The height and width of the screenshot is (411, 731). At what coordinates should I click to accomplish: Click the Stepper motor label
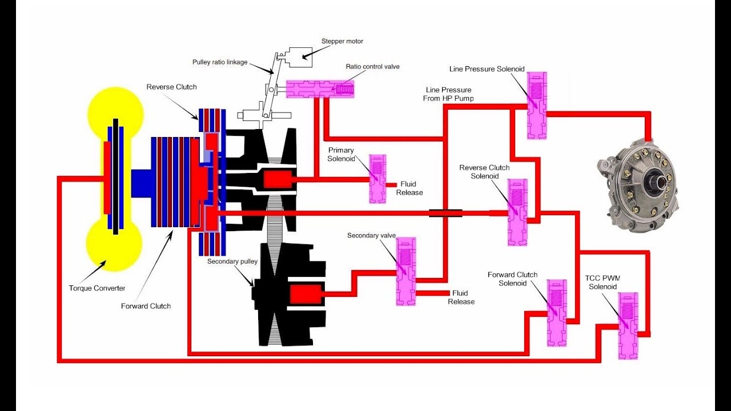coord(342,41)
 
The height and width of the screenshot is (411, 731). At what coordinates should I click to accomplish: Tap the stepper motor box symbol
coord(303,56)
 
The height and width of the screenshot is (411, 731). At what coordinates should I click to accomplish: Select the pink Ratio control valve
coord(320,88)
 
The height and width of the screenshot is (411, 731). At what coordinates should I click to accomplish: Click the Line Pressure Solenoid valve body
coord(536,106)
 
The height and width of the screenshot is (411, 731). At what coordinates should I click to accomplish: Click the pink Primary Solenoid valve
coord(377,179)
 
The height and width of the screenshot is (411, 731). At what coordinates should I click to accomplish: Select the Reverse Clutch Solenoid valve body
coord(517,212)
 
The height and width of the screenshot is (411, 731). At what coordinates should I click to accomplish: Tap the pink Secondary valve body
coord(406,271)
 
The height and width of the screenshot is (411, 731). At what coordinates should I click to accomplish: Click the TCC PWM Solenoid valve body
coord(628,325)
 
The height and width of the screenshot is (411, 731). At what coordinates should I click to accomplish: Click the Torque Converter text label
coord(97,288)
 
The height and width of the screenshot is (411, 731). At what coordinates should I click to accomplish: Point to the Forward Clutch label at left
coord(146,306)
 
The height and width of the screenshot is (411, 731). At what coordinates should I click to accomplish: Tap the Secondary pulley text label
coord(232,261)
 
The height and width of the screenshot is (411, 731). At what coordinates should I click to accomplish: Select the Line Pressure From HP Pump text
coord(449,94)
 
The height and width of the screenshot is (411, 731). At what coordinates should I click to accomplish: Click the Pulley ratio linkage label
coord(220,62)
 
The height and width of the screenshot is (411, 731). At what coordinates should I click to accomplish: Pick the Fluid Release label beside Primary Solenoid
coord(408,188)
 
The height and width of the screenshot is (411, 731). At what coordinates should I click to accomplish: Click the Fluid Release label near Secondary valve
coord(461,297)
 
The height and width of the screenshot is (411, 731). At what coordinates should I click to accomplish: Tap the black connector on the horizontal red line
coord(445,213)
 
